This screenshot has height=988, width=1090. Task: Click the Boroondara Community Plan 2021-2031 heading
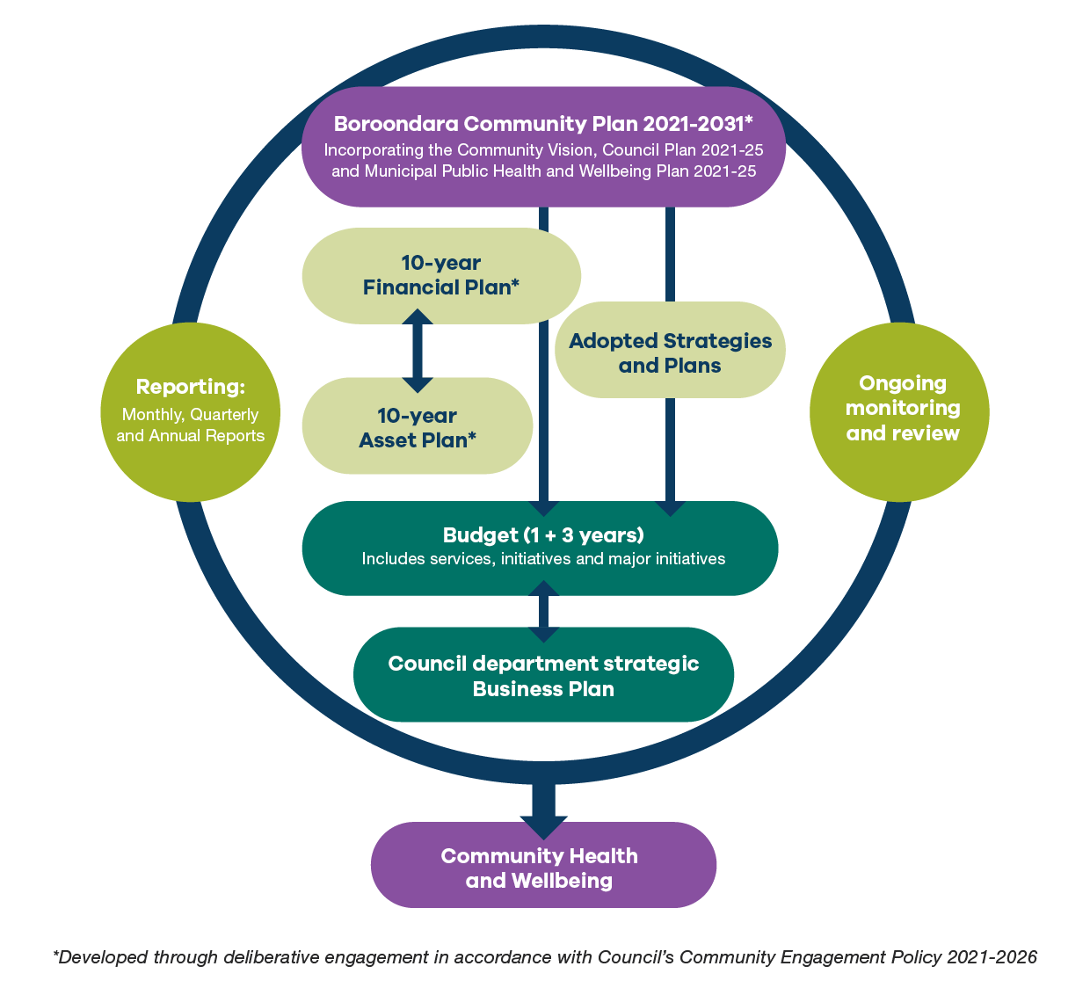tap(543, 124)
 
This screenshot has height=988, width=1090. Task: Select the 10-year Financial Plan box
tap(440, 275)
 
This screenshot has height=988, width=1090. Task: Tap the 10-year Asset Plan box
tap(417, 427)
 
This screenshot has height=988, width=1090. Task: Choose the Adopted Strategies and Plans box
tap(670, 352)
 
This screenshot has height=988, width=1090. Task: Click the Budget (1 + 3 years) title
tap(543, 535)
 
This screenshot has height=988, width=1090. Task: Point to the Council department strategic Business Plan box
tap(543, 676)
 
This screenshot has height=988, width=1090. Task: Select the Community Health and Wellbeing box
tap(540, 868)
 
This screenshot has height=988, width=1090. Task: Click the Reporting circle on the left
tap(191, 411)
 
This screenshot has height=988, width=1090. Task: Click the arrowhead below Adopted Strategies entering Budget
tap(671, 507)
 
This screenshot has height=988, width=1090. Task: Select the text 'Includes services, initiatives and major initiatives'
tap(543, 559)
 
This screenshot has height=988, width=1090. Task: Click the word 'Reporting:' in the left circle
tap(191, 387)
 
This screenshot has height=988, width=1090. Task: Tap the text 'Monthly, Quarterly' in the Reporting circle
tap(191, 415)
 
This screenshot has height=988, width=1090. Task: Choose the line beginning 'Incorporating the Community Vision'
tap(543, 150)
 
